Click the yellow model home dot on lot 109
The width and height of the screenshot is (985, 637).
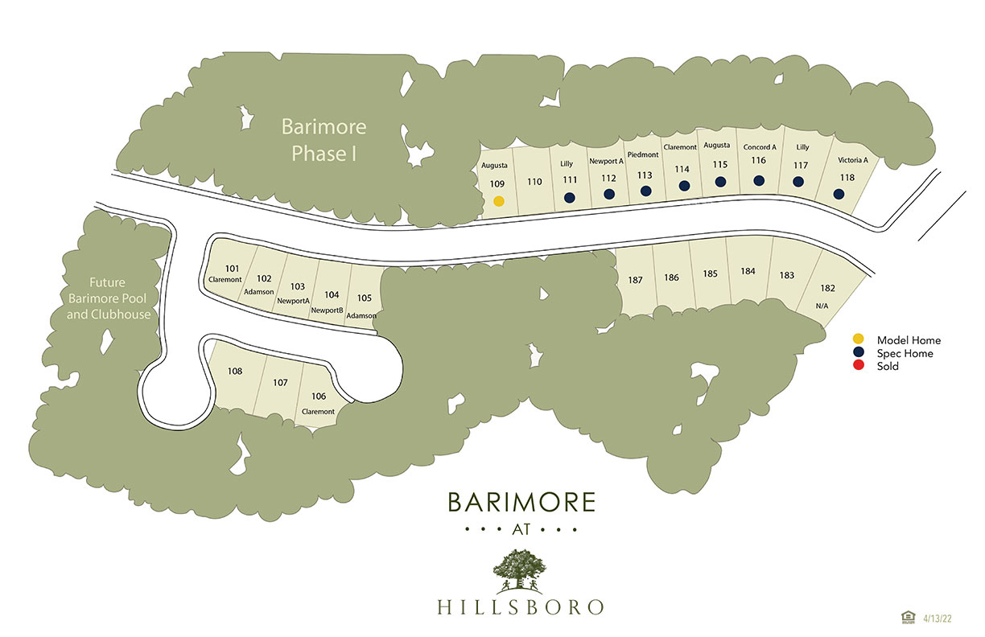[499, 201]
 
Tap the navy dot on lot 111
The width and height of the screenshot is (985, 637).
[570, 197]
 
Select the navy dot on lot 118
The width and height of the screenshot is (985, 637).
[839, 194]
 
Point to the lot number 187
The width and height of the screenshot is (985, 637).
[636, 280]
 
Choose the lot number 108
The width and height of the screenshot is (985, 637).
[235, 371]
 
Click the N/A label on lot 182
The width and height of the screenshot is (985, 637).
[822, 306]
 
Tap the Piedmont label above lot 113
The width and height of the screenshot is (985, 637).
[643, 154]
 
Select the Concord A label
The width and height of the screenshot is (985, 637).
[759, 147]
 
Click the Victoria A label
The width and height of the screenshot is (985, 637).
[852, 160]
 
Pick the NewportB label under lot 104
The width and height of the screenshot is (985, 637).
[328, 310]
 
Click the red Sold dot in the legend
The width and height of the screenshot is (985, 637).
[859, 367]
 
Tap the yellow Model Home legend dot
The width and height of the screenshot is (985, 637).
[859, 340]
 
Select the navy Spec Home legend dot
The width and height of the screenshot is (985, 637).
[859, 353]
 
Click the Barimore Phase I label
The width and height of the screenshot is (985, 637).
[324, 140]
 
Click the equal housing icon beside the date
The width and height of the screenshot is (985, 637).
[909, 617]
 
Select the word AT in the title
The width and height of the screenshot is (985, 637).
[521, 530]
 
